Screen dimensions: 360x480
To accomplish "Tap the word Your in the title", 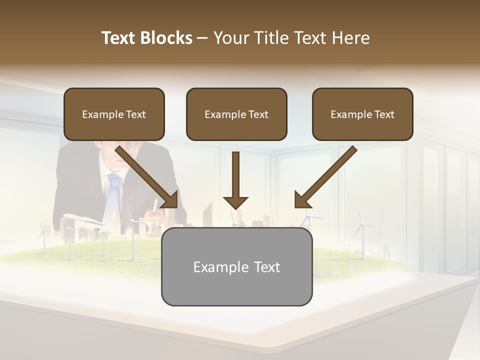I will pos(231,38).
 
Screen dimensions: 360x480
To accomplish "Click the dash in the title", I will pos(202,38).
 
